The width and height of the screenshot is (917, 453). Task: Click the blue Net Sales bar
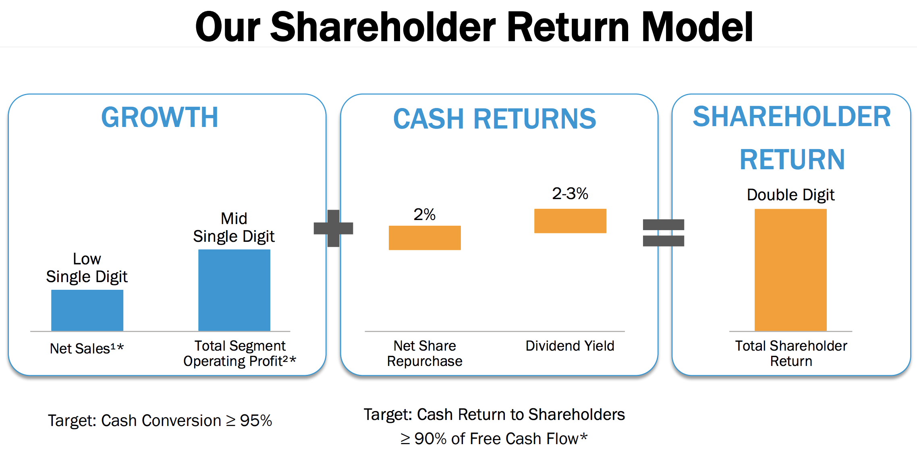click(x=87, y=310)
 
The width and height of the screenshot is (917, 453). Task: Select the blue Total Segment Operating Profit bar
click(x=234, y=290)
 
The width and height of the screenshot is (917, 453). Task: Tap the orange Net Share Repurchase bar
click(x=425, y=238)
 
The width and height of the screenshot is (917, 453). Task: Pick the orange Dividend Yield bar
click(x=570, y=221)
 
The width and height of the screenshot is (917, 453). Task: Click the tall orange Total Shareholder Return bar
click(x=790, y=270)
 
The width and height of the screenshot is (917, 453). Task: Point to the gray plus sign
click(x=333, y=228)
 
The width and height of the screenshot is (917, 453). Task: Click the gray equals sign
click(x=664, y=233)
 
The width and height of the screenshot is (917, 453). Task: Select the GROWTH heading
click(x=160, y=117)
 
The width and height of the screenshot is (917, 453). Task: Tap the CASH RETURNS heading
click(x=494, y=119)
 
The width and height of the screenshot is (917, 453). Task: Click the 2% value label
click(x=425, y=214)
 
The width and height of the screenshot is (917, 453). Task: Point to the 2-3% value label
click(x=570, y=193)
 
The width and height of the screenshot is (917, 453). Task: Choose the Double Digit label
click(x=790, y=195)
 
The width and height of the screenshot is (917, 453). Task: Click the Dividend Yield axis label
click(x=570, y=346)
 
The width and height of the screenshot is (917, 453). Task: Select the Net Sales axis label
click(x=87, y=348)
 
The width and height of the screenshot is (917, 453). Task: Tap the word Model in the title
click(x=697, y=27)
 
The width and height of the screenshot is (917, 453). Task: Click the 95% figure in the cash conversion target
click(x=256, y=420)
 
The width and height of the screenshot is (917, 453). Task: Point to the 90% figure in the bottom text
click(x=431, y=438)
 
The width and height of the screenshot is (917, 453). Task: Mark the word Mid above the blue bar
click(x=234, y=218)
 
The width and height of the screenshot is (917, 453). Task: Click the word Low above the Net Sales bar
click(x=87, y=259)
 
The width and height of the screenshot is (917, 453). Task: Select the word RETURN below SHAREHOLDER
click(x=792, y=160)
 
